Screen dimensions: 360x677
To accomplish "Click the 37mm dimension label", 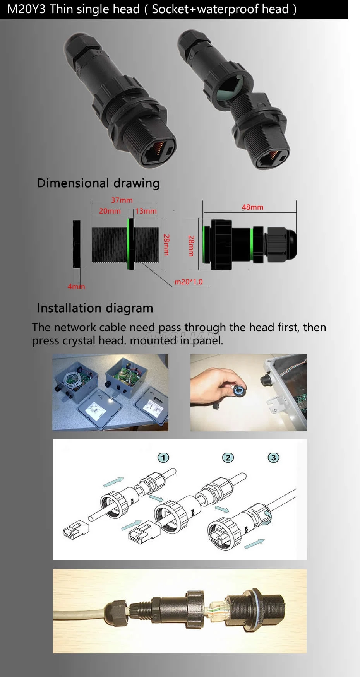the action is [122, 200].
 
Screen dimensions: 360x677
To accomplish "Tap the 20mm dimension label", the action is [110, 211].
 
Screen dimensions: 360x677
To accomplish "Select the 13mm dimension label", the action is [146, 211].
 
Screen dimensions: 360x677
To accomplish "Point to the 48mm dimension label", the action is [252, 207].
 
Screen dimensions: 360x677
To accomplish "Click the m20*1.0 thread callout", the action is [189, 282].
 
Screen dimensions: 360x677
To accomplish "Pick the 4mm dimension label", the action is [76, 286].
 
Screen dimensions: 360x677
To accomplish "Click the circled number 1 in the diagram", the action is [163, 458].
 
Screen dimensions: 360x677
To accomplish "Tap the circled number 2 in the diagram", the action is [228, 458].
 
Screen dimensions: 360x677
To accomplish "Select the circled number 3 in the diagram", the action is [274, 458].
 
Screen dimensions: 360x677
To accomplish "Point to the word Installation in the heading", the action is [69, 308].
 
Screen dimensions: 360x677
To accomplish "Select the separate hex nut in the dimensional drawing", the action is [77, 244].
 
